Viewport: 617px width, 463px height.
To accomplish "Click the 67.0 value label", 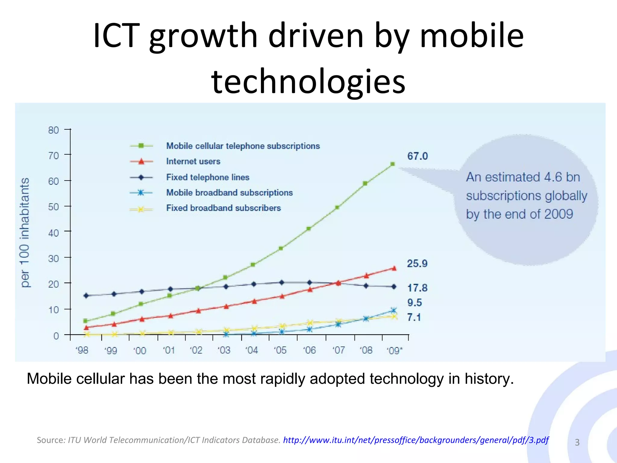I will [417, 156].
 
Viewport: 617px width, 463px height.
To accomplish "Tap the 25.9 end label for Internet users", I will [417, 263].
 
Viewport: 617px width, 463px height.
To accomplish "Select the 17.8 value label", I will [417, 288].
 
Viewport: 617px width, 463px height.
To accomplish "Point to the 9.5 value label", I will [415, 302].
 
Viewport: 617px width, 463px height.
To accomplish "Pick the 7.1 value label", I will [414, 317].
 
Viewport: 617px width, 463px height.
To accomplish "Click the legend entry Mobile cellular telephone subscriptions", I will [243, 146].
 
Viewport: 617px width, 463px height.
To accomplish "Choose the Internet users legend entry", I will [193, 161].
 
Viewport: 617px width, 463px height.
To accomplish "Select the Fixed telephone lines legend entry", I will [208, 177].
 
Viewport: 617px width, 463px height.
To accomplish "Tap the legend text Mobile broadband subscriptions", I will [229, 193].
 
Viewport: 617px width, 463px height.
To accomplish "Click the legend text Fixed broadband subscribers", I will [223, 208].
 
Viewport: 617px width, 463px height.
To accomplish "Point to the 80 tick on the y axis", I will [54, 130].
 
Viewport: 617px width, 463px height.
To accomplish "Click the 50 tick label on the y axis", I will [54, 207].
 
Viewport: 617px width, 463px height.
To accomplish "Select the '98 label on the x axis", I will [82, 350].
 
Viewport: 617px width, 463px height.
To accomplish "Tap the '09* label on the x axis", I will [394, 351].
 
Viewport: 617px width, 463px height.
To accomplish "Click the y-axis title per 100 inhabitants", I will [25, 232].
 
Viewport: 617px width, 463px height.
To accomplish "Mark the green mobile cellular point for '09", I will [393, 164].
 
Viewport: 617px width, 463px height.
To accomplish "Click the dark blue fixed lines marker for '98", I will [86, 296].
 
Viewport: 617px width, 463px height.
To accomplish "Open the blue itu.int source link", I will [416, 440].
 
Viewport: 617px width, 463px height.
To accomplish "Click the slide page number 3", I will [577, 442].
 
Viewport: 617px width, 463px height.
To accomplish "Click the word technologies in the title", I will [308, 81].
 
